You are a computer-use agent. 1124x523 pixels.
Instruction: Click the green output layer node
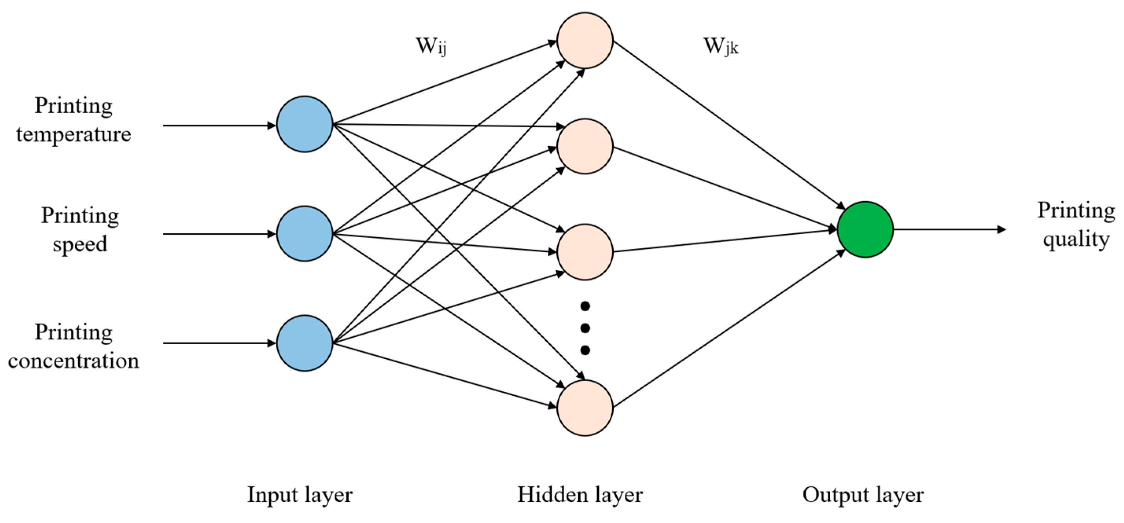(x=865, y=229)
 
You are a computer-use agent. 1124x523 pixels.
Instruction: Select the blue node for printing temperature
(x=305, y=124)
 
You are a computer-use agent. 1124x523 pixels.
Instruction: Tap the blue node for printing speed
(x=305, y=234)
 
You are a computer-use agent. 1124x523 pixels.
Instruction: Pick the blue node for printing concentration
(x=305, y=343)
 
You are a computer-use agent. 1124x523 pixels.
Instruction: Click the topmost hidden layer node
(x=585, y=40)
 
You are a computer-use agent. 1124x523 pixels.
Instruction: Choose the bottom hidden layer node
(x=585, y=408)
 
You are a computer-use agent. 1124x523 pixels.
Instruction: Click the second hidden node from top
(x=585, y=146)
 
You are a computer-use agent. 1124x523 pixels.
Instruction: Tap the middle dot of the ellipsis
(x=585, y=328)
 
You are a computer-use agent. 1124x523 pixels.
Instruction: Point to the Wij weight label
(x=430, y=46)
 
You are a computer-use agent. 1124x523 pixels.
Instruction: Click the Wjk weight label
(x=721, y=46)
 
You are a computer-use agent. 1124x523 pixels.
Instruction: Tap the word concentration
(x=73, y=361)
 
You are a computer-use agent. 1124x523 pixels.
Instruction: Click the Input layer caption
(x=300, y=495)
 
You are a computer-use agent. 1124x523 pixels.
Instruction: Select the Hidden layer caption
(x=580, y=495)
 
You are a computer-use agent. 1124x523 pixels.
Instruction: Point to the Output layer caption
(x=863, y=495)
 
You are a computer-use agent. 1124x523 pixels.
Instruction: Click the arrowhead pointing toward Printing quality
(x=1001, y=229)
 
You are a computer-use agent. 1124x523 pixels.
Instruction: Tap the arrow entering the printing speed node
(x=218, y=234)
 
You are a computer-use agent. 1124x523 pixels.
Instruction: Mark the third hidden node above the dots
(x=585, y=252)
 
